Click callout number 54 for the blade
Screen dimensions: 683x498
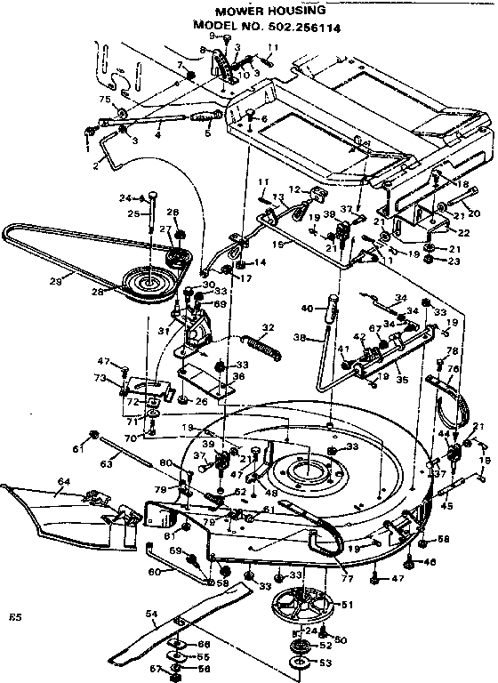(x=151, y=615)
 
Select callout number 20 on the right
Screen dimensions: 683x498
(x=473, y=213)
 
